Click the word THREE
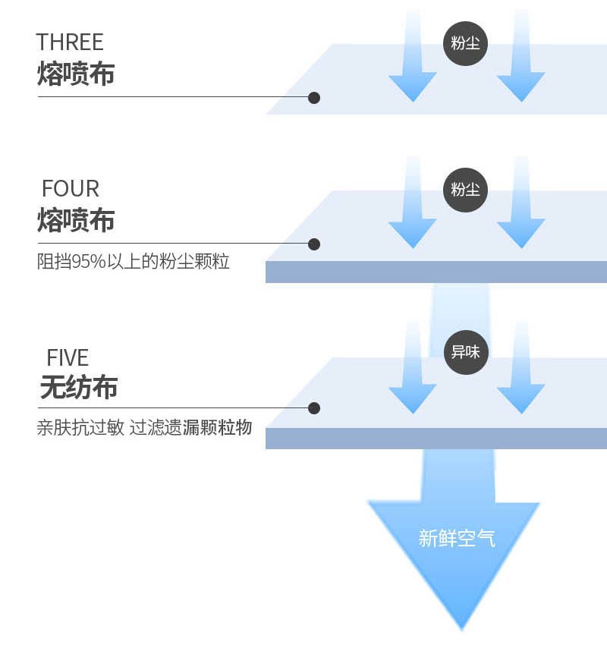point(70,42)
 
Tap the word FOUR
point(71,188)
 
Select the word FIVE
point(68,357)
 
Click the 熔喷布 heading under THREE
point(76,74)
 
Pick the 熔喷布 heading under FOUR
point(76,221)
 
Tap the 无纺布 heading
point(78,389)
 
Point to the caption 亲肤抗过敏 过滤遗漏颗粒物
point(144,428)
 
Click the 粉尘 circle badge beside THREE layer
point(465,43)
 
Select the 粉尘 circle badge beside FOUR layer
point(465,190)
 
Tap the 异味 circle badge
point(465,352)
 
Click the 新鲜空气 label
point(457,539)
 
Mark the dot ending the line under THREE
point(314,98)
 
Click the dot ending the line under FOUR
point(314,244)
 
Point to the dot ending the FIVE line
point(314,408)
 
